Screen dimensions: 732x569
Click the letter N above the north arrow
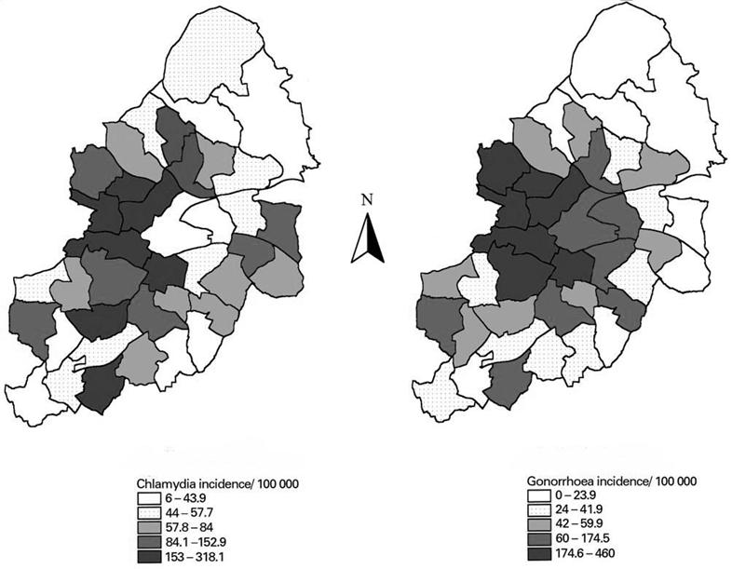tap(368, 200)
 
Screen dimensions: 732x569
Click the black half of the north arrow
tap(375, 240)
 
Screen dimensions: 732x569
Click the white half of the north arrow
tap(360, 240)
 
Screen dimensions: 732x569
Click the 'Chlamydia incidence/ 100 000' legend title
tap(218, 483)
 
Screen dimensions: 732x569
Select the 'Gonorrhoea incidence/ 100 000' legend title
tap(612, 481)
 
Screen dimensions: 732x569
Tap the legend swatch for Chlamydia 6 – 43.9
tap(148, 498)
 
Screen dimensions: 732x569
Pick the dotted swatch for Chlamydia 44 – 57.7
tap(148, 513)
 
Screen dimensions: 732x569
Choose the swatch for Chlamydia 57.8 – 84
tap(148, 527)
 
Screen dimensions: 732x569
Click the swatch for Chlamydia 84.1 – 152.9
tap(148, 542)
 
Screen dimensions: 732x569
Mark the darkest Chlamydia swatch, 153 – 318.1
tap(148, 556)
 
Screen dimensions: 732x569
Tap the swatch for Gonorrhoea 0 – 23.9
tap(539, 495)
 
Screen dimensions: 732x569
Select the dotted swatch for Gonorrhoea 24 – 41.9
tap(539, 509)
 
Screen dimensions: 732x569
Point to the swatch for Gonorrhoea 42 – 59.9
tap(539, 524)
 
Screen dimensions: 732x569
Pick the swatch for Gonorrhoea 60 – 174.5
tap(539, 538)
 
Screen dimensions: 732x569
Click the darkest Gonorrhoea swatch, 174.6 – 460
tap(539, 553)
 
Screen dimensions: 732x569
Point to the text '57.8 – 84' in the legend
tap(189, 527)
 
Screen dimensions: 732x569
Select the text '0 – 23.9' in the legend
tap(576, 495)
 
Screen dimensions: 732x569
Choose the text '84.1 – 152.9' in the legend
tap(196, 542)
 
